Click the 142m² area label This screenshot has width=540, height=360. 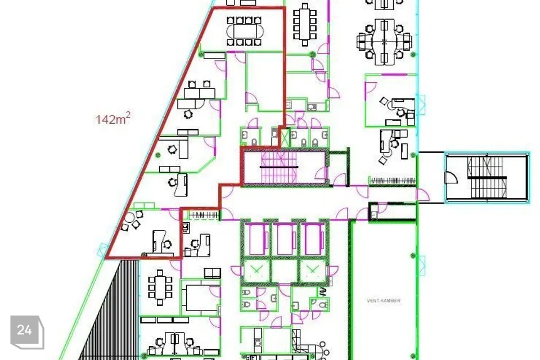point(112,119)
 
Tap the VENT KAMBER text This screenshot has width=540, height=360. point(384,301)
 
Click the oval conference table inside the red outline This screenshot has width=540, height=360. point(244,31)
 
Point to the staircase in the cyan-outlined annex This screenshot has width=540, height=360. point(487,177)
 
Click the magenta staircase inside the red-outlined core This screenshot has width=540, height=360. point(278,167)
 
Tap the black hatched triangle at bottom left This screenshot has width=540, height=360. point(109,310)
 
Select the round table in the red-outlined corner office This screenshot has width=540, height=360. point(130,218)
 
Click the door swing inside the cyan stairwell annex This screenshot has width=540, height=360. point(451,177)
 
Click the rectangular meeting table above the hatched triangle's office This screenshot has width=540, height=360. point(160,287)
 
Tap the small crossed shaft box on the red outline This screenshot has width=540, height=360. point(285,137)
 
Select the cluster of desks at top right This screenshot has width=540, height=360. point(384,41)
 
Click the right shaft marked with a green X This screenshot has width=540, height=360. point(312,271)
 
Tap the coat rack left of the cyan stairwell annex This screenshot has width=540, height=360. point(393,181)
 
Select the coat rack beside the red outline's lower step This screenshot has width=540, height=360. point(203,215)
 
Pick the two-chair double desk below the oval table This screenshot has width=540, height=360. point(199,92)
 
